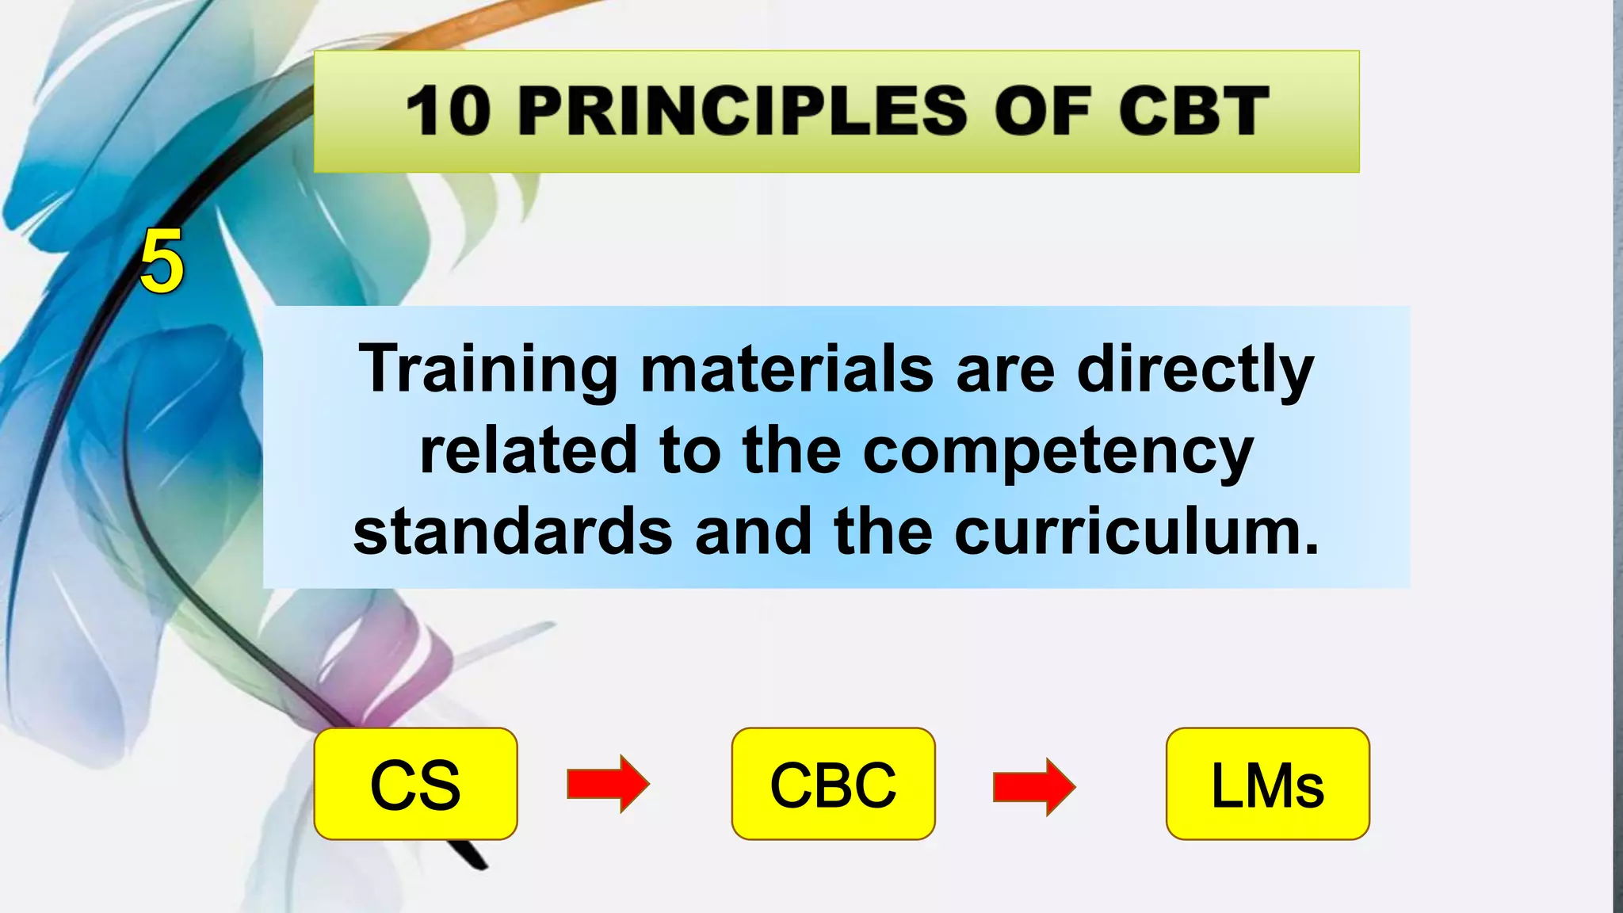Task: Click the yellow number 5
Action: coord(162,262)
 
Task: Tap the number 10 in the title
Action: coord(449,111)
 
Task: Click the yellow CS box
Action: coord(415,784)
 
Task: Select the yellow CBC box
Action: coord(833,784)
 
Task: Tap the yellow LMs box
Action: coord(1267,784)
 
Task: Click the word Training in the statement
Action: coord(488,369)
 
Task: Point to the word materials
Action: coord(787,369)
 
